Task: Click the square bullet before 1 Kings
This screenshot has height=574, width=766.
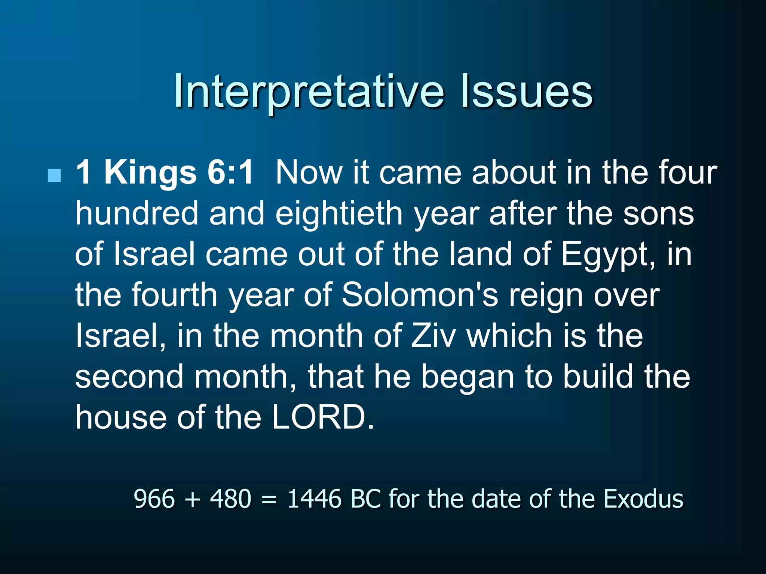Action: (x=55, y=175)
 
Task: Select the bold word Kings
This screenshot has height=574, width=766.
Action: (x=150, y=173)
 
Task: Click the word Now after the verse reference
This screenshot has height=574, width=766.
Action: (x=309, y=173)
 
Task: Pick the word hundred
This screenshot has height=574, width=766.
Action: (x=137, y=213)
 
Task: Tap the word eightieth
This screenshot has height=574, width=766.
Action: (x=339, y=213)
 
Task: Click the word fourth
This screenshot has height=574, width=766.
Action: (x=175, y=295)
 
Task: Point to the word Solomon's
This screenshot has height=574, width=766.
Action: (x=420, y=295)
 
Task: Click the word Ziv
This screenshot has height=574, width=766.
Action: (x=433, y=336)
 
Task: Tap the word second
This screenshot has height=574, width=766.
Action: (x=129, y=377)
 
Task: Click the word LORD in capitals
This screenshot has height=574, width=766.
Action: (x=322, y=417)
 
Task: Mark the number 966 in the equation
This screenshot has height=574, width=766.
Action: (x=154, y=499)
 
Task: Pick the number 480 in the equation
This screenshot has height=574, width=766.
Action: (x=230, y=499)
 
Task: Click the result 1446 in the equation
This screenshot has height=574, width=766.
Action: (x=315, y=499)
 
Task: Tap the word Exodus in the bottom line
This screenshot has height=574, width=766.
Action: (x=644, y=499)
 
